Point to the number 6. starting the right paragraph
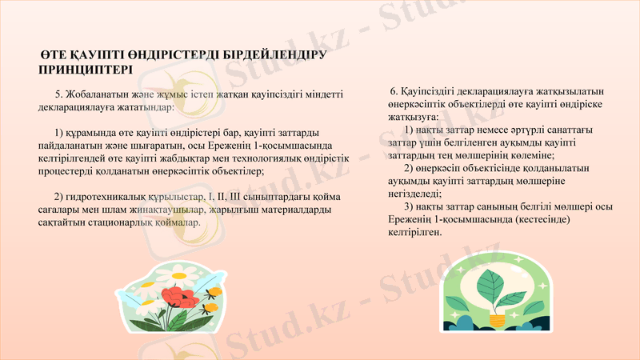tap(394, 92)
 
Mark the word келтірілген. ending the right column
tap(415, 232)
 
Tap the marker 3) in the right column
tap(410, 206)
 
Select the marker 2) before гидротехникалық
tap(58, 198)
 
